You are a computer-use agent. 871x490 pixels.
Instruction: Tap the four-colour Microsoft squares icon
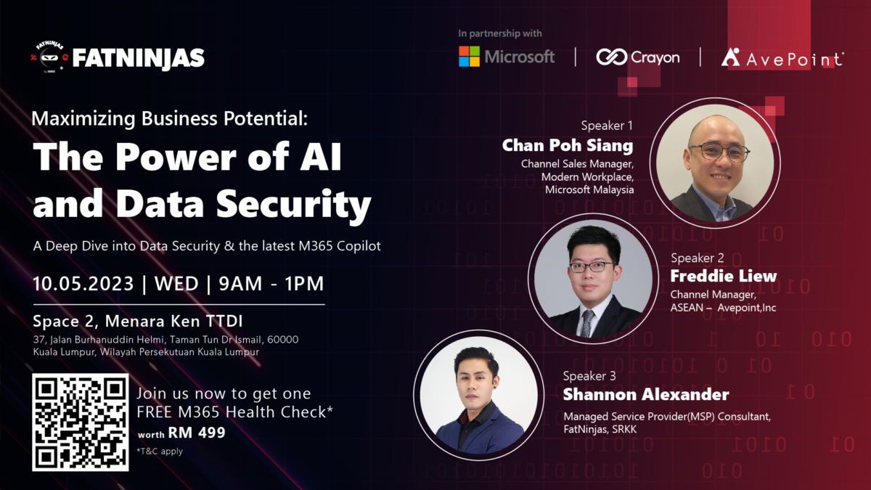tap(469, 57)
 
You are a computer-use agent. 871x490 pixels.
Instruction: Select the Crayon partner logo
tap(637, 57)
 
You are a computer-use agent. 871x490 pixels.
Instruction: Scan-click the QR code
tap(81, 422)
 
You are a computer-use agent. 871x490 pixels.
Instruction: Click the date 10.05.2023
tap(83, 284)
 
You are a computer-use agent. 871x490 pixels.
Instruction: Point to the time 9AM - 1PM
tap(271, 284)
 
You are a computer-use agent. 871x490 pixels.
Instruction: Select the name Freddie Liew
tap(723, 277)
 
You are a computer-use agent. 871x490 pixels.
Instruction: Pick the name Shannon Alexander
tap(646, 395)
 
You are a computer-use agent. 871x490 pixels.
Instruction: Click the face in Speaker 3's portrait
tap(477, 380)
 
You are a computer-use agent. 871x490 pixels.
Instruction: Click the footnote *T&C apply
tap(160, 451)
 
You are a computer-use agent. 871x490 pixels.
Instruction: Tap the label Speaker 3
tap(589, 376)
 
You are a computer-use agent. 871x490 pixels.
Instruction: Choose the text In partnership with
tap(500, 33)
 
